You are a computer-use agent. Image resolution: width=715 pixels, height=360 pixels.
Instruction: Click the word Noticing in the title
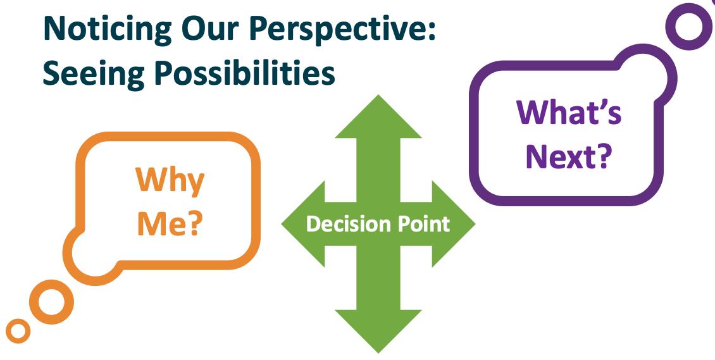108,28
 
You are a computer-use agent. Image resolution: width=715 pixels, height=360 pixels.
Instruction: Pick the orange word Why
170,182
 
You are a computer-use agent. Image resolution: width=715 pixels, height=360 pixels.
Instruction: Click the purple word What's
569,113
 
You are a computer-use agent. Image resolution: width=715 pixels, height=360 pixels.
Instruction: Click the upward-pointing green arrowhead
378,116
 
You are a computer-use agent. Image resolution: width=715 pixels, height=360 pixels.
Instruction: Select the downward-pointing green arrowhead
378,332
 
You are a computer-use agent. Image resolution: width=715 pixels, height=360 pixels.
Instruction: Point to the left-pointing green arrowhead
303,224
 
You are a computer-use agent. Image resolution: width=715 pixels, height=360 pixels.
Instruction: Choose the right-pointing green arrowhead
453,224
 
